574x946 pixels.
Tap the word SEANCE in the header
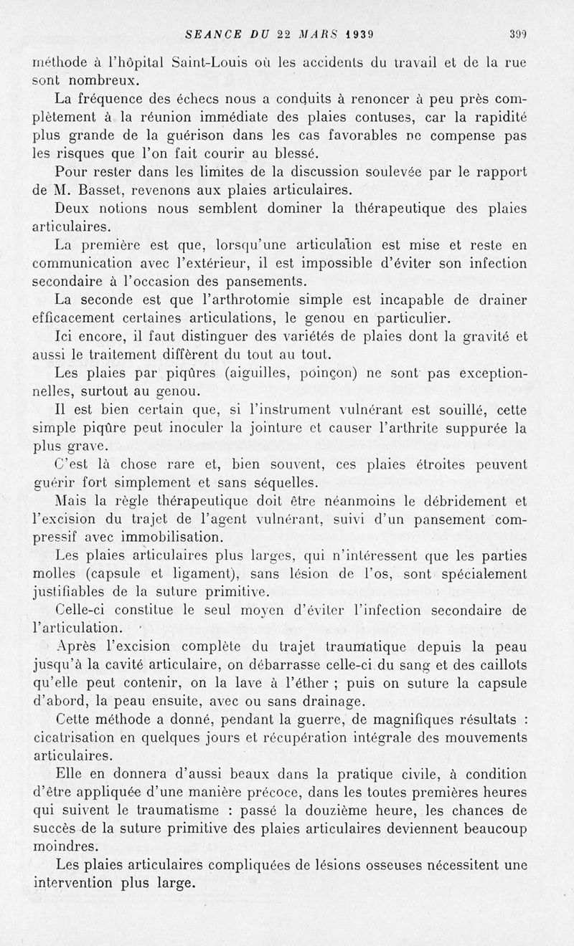pos(209,33)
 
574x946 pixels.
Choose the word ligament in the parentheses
pos(222,574)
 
